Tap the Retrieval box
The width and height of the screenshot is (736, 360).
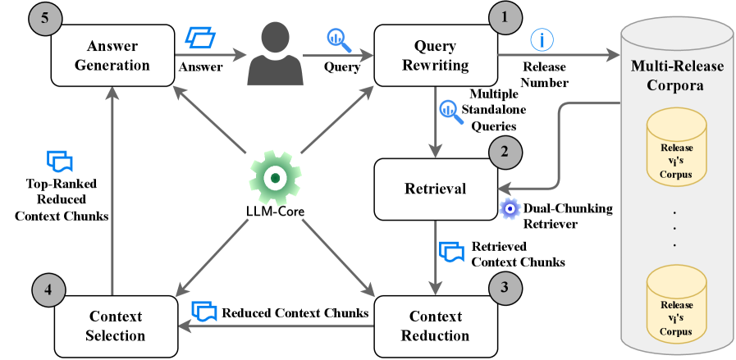435,189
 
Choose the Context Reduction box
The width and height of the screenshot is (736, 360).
435,325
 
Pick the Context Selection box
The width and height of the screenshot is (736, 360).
116,325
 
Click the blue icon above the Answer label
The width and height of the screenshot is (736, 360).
199,38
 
